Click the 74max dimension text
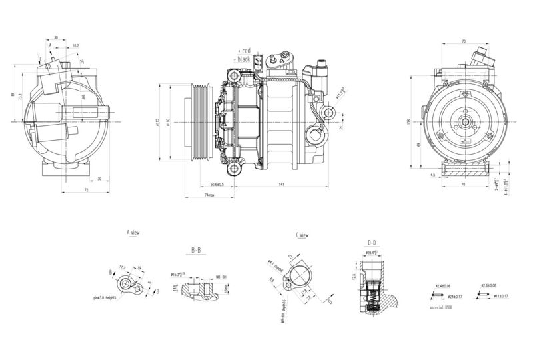[209, 196]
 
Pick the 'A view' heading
[133, 233]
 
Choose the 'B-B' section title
[196, 251]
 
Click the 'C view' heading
[302, 235]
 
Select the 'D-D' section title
[373, 242]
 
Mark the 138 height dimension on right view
[408, 122]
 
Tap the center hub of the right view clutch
[464, 123]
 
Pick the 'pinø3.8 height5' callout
[105, 297]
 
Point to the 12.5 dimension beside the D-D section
[354, 275]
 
